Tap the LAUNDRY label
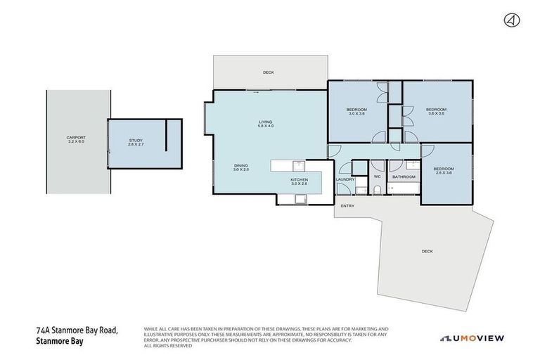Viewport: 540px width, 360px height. point(345,179)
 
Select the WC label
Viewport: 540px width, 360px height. point(377,176)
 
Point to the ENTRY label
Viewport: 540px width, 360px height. point(347,206)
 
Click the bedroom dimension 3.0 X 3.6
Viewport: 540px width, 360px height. point(356,113)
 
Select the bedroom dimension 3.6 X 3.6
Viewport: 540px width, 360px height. point(436,113)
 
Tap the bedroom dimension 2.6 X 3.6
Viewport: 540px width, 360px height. point(443,172)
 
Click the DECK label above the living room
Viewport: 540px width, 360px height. point(268,72)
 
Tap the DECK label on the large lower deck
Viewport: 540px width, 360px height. point(427,251)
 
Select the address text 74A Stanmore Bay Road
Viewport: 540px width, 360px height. point(77,330)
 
